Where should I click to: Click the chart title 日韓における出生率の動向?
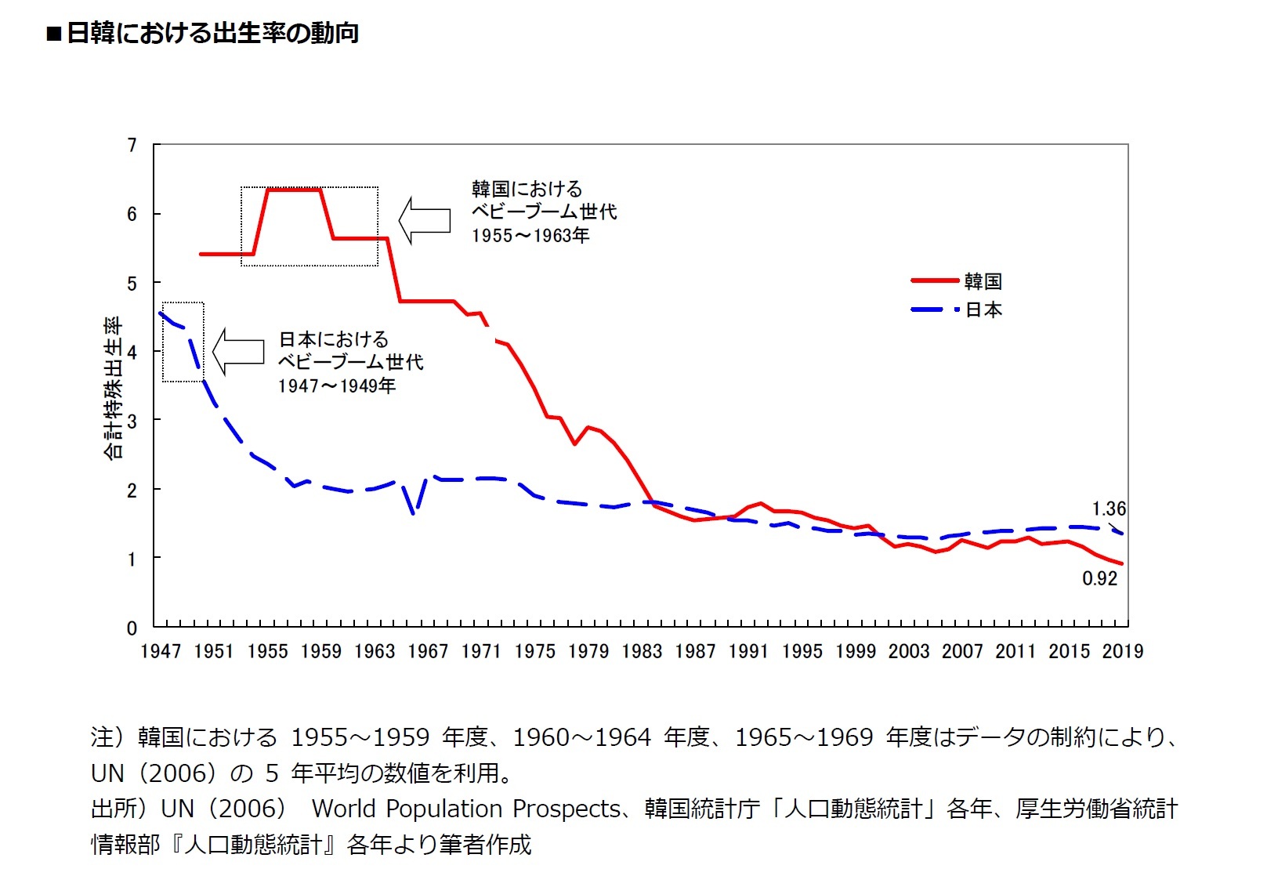coord(212,33)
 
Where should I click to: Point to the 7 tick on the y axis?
coord(132,145)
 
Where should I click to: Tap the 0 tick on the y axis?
coord(132,628)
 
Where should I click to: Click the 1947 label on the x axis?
coord(160,651)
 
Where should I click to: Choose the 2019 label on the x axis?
coord(1122,651)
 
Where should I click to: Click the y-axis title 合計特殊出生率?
coord(114,387)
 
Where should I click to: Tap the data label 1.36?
coord(1109,509)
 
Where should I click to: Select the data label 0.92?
coord(1099,578)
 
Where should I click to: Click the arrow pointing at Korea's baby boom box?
coord(424,220)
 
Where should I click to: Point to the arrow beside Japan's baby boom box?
coord(238,351)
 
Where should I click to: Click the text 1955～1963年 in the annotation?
coord(530,236)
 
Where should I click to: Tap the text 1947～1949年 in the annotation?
coord(337,386)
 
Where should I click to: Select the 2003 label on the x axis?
coord(908,651)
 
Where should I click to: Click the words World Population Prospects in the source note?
coord(466,809)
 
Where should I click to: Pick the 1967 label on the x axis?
coord(428,651)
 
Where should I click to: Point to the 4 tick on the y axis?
coord(132,352)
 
